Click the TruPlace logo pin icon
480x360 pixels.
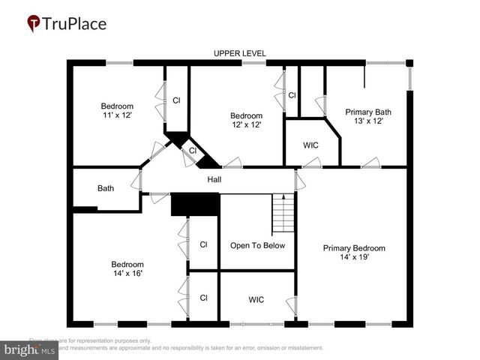(x=34, y=24)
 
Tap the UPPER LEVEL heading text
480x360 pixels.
(x=239, y=53)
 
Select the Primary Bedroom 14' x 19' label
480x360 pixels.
(x=354, y=253)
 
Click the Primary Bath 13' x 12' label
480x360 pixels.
(x=368, y=116)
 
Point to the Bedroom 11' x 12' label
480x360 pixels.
(x=117, y=111)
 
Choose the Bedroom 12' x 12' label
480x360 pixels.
(x=246, y=120)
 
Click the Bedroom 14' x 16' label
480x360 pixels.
(x=127, y=268)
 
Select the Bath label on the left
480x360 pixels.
(x=106, y=188)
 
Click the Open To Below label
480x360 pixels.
(x=257, y=245)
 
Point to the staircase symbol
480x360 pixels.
(x=282, y=213)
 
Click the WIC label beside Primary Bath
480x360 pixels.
(x=311, y=145)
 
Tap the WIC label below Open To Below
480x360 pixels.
(x=256, y=300)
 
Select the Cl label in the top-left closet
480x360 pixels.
(x=176, y=100)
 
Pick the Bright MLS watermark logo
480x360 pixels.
(x=30, y=349)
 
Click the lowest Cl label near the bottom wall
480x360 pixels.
(x=203, y=298)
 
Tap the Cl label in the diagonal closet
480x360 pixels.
(x=193, y=151)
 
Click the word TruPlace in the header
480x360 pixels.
(x=75, y=23)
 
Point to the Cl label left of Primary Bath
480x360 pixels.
(x=292, y=95)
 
